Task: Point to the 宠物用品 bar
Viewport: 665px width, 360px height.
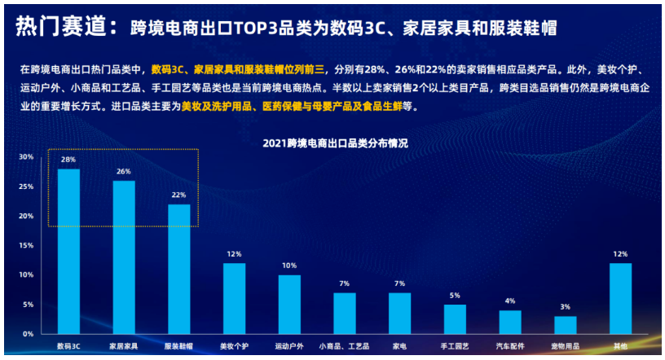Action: [566, 325]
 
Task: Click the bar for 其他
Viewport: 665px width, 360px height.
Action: [621, 298]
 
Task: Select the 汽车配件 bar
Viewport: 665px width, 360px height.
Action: [510, 322]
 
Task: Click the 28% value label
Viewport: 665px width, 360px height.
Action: [68, 160]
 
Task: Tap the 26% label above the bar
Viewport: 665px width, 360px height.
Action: [124, 172]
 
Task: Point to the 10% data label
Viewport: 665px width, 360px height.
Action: [289, 266]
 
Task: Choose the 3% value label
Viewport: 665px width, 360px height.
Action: [566, 308]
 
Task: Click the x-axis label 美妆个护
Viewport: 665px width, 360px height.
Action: [234, 346]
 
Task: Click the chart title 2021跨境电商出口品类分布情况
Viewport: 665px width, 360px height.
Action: [335, 143]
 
